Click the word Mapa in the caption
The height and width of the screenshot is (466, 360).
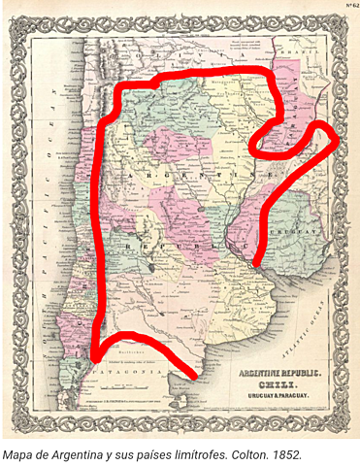pyautogui.click(x=21, y=452)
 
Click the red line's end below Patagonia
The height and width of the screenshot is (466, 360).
pyautogui.click(x=193, y=373)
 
